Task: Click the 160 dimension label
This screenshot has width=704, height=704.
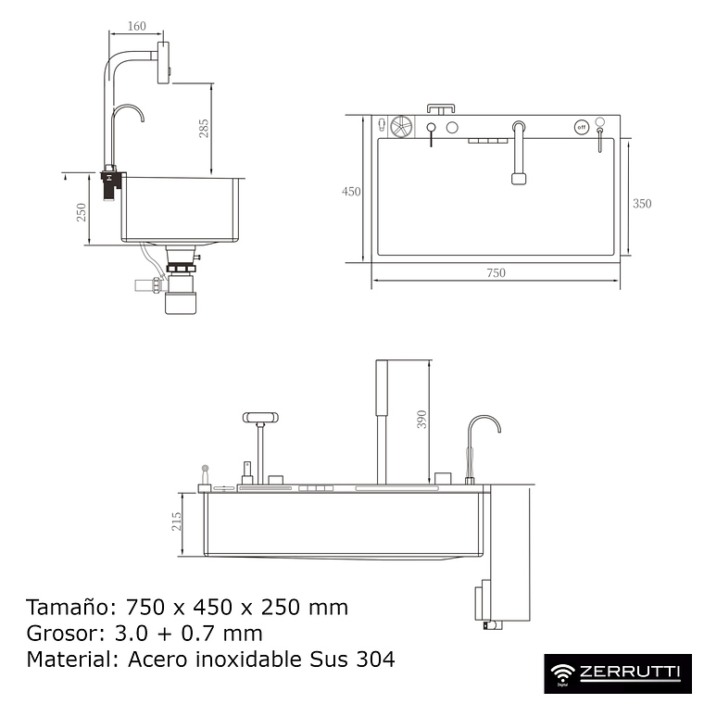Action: pos(136,26)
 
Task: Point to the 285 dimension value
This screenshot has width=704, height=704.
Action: pos(204,128)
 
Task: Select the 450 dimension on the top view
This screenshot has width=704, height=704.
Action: pos(351,192)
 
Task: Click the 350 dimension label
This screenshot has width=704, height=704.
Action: pos(642,204)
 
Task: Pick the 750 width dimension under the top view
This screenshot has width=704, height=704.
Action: pos(496,272)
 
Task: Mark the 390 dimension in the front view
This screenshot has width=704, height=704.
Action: pos(422,420)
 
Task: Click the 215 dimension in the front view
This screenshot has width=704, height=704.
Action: pos(177,523)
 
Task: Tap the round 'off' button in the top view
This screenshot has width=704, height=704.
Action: pos(582,126)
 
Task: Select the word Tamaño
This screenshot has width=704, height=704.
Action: pos(64,608)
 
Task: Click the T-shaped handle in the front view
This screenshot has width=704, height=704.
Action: pos(260,418)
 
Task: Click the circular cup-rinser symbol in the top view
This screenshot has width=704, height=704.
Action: pos(401,127)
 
